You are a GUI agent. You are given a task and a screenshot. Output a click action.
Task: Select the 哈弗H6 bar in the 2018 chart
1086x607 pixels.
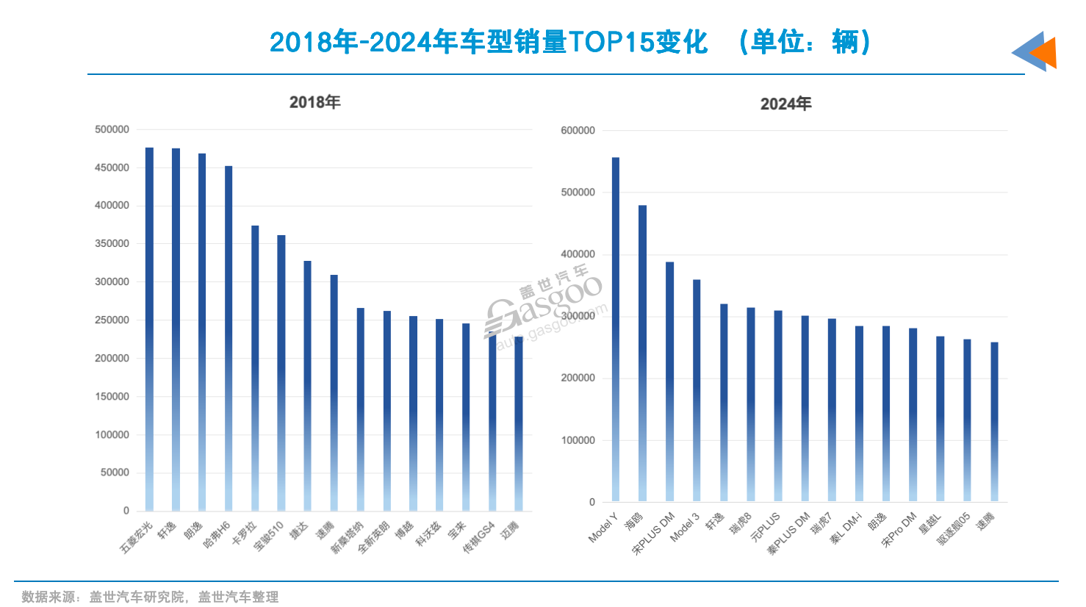[229, 338]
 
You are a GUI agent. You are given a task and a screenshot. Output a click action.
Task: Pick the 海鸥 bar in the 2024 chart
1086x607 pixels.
[643, 353]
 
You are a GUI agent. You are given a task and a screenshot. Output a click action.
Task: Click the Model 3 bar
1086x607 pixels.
[697, 390]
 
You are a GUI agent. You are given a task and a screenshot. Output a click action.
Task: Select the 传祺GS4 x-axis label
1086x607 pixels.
[479, 537]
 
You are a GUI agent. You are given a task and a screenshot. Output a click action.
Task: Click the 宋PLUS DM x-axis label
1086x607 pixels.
[654, 534]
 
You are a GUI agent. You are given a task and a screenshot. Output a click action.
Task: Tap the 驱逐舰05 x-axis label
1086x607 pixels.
[954, 529]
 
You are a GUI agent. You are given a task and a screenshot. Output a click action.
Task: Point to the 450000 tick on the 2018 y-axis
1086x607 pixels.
[112, 168]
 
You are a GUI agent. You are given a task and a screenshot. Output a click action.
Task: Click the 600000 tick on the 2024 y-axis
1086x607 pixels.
[578, 130]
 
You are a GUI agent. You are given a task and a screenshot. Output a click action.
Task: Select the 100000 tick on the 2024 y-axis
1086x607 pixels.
[578, 440]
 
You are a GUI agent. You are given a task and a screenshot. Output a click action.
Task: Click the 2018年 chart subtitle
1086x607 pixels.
[314, 102]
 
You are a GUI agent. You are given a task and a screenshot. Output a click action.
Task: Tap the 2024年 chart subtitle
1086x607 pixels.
[785, 104]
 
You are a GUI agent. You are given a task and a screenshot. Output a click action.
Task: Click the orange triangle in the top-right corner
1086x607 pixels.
[1045, 53]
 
